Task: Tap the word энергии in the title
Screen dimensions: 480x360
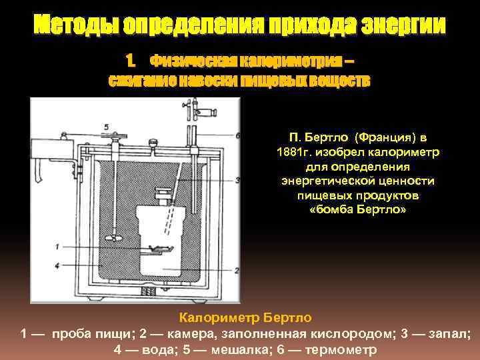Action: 403,24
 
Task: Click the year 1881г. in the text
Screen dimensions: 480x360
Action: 294,152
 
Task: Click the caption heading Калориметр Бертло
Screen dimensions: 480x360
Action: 245,317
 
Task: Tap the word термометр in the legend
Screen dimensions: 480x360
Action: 341,349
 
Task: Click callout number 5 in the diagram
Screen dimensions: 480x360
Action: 106,127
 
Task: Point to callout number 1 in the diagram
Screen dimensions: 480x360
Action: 57,246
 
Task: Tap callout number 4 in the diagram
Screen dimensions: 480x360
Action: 57,266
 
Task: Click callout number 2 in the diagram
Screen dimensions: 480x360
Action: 236,270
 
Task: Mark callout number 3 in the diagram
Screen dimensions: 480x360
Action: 237,180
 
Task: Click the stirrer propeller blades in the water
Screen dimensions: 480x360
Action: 113,237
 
